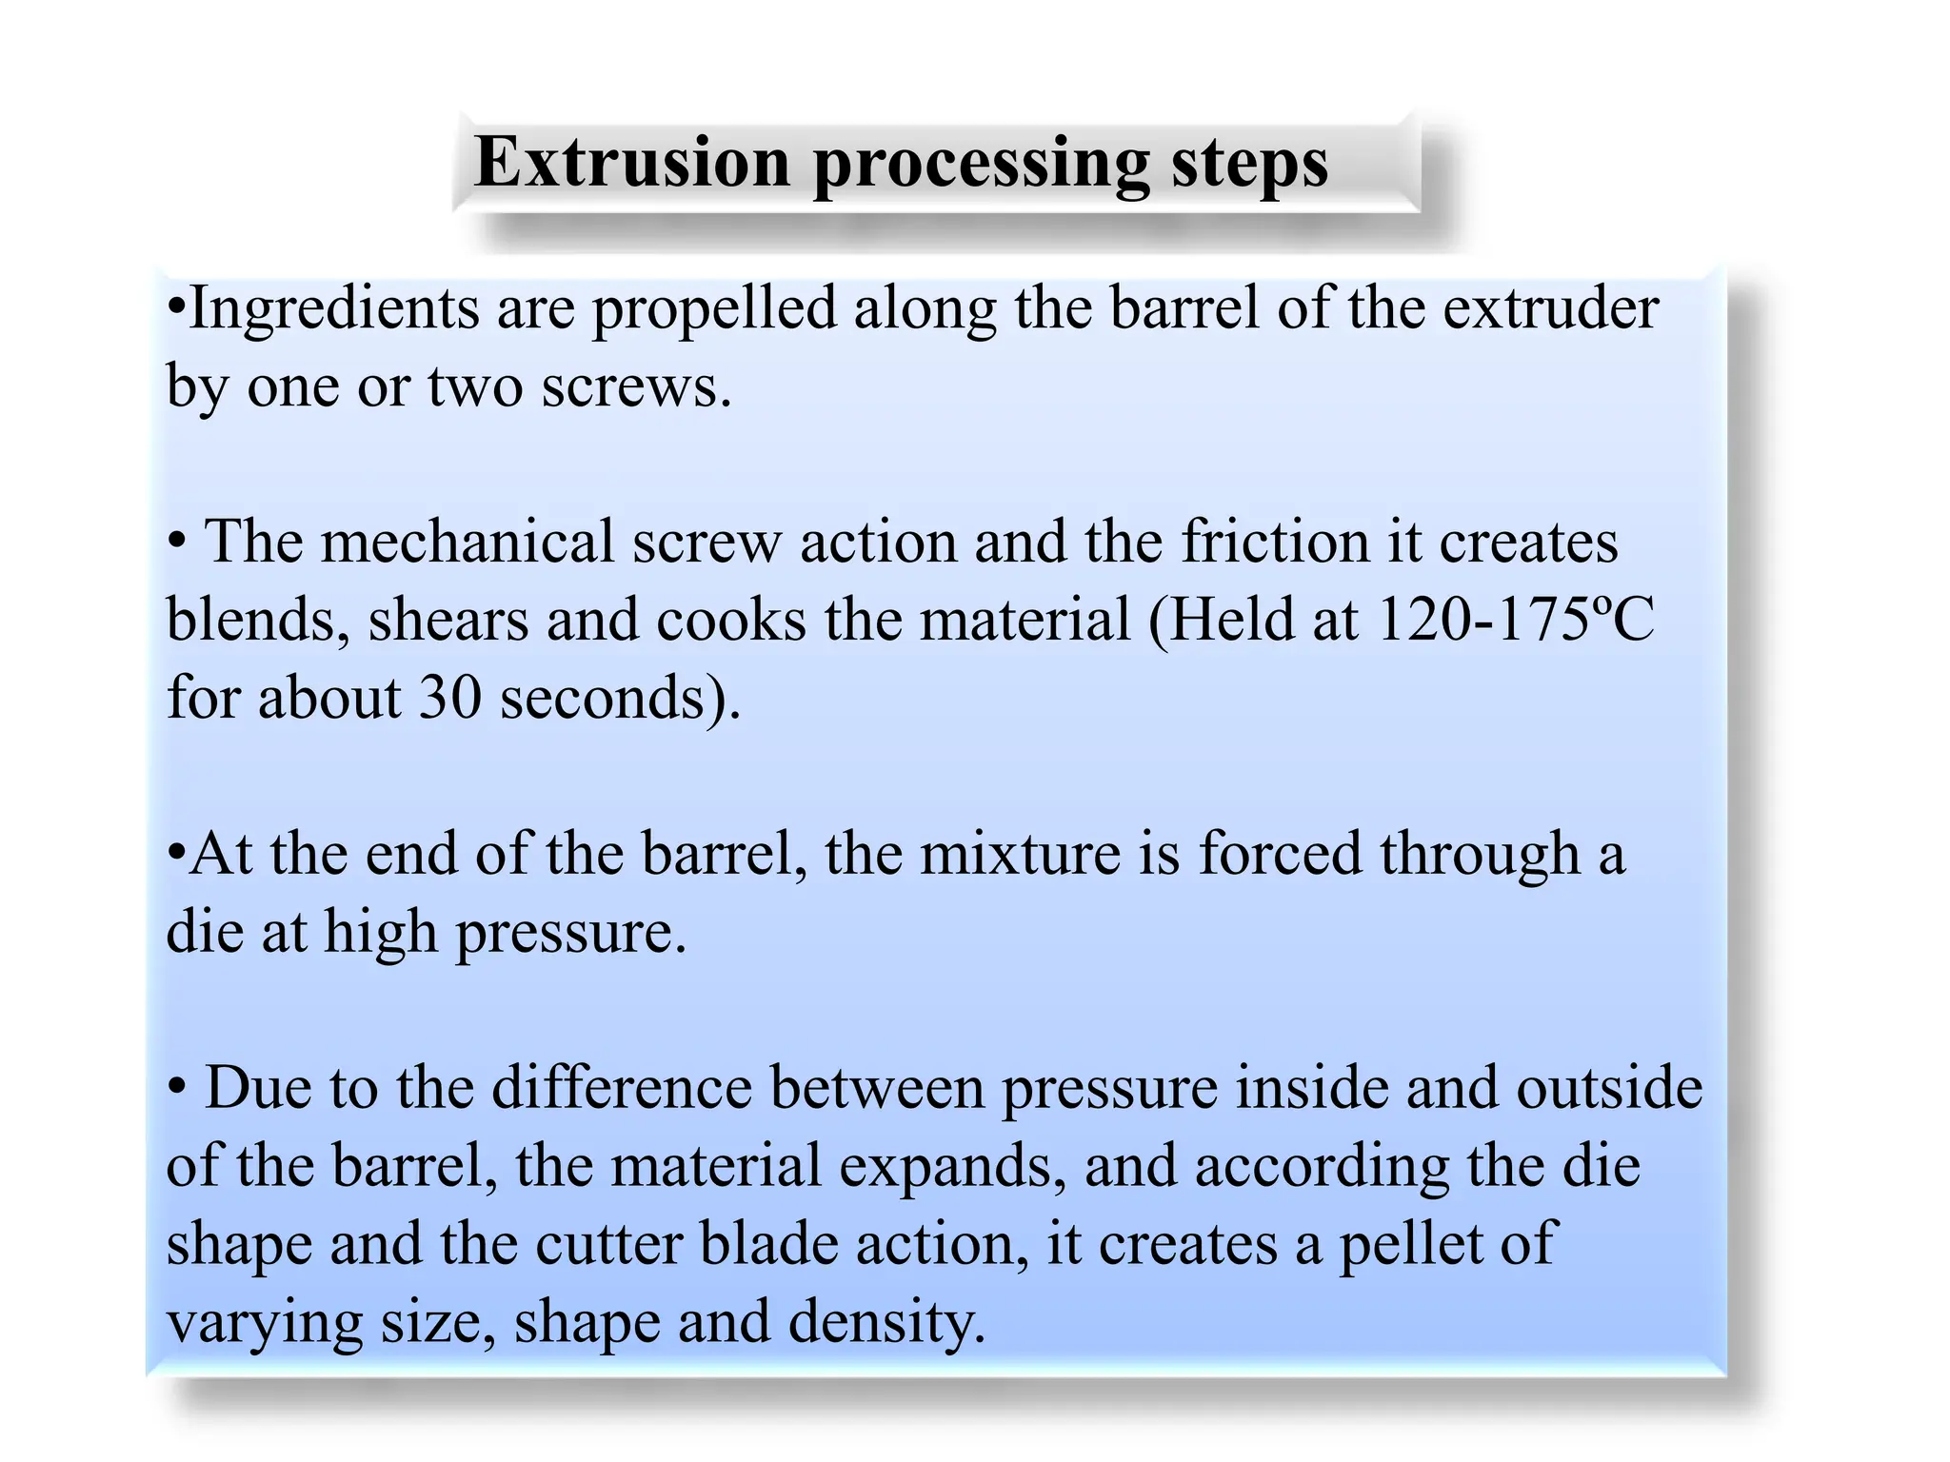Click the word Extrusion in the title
tap(632, 162)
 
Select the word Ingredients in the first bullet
tap(334, 310)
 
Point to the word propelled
tap(713, 310)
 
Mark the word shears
tap(448, 622)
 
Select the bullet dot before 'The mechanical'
tap(177, 543)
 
